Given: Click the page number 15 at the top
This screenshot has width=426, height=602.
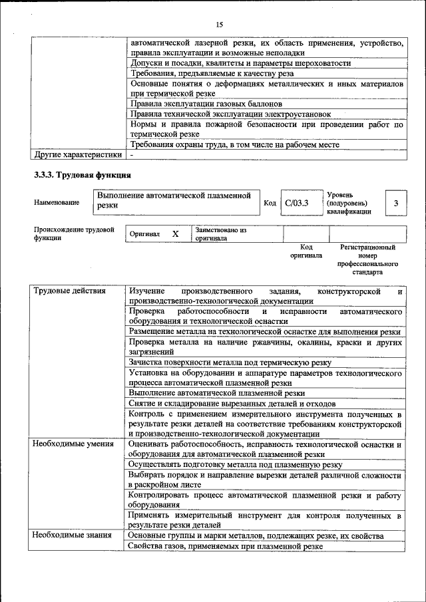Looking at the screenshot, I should [x=219, y=25].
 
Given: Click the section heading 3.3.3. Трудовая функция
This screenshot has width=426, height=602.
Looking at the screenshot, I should [x=82, y=176].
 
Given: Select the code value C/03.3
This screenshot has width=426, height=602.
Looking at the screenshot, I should [x=297, y=203].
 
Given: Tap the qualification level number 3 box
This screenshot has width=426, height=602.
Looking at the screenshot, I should [x=396, y=203].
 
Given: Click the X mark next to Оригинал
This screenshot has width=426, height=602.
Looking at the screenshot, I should [x=176, y=234].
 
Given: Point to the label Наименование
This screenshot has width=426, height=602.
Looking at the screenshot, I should [x=57, y=202].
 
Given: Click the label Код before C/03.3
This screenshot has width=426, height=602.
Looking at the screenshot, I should [x=270, y=203].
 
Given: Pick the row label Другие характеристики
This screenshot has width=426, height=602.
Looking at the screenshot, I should [x=78, y=154].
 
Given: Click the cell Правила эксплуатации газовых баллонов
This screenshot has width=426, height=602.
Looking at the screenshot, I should [x=206, y=104].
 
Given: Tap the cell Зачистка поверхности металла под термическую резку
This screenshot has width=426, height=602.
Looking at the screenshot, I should [x=230, y=363].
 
